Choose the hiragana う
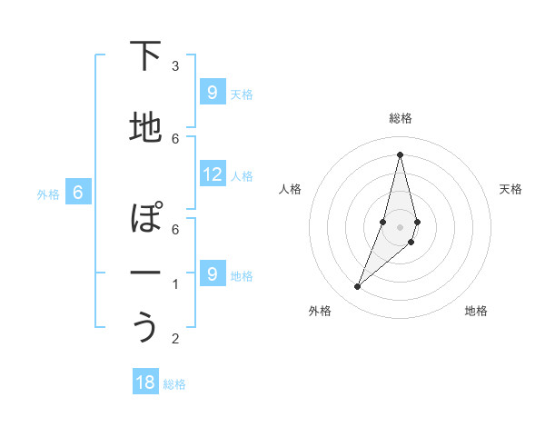[x=145, y=327]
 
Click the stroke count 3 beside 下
[x=175, y=66]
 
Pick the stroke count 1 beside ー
[x=175, y=284]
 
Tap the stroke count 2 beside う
[x=175, y=339]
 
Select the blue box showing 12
[x=213, y=174]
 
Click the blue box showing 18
[x=145, y=382]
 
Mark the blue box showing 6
[x=78, y=193]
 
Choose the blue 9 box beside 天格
[x=213, y=93]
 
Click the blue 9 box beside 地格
[x=213, y=274]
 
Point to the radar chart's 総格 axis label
[x=401, y=118]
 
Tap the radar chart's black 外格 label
[x=320, y=311]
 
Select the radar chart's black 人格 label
[x=290, y=189]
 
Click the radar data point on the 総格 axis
[x=400, y=154]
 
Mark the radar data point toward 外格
[x=357, y=287]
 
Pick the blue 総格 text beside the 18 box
[x=174, y=384]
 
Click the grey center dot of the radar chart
[x=400, y=227]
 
